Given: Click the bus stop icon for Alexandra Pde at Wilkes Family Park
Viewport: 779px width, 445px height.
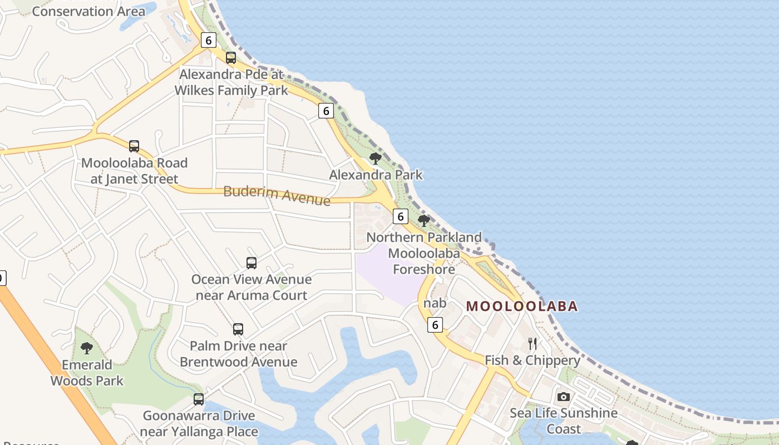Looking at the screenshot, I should tap(231, 58).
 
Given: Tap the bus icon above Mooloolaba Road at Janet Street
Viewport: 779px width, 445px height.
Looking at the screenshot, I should tap(134, 146).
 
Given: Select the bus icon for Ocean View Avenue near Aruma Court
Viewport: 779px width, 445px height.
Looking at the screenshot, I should tap(252, 263).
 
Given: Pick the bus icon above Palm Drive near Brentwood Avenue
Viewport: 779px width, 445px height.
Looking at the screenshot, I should tap(238, 329).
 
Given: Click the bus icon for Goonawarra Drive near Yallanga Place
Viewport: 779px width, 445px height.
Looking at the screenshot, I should tap(199, 399).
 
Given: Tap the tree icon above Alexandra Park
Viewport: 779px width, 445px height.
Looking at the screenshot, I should tap(376, 159).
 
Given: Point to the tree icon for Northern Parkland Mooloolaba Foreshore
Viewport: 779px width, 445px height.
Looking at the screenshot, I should tap(424, 221).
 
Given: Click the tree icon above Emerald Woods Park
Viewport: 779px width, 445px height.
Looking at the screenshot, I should tap(86, 349).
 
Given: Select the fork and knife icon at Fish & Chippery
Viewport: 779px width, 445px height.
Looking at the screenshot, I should tap(533, 344).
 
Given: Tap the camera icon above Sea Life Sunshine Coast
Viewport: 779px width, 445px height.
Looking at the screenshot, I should tap(564, 397).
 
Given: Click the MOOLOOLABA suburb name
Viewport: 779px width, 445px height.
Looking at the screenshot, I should tap(522, 306).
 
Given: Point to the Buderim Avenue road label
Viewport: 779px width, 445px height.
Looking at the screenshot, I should tap(277, 195).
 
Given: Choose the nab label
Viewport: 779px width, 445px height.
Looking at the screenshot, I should tap(435, 303).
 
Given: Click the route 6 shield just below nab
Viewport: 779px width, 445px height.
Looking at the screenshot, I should tap(435, 324).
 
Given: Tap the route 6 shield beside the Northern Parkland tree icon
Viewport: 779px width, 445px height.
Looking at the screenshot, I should tap(400, 217).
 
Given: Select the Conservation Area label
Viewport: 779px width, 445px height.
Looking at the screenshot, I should tap(88, 11).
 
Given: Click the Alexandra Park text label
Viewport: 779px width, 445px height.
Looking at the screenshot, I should tap(376, 175).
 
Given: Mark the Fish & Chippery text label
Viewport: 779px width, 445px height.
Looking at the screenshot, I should tap(533, 360).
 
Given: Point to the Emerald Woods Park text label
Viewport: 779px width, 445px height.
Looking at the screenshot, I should tap(87, 373).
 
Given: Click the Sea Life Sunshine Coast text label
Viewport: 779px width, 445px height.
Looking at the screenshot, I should tap(564, 421).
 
